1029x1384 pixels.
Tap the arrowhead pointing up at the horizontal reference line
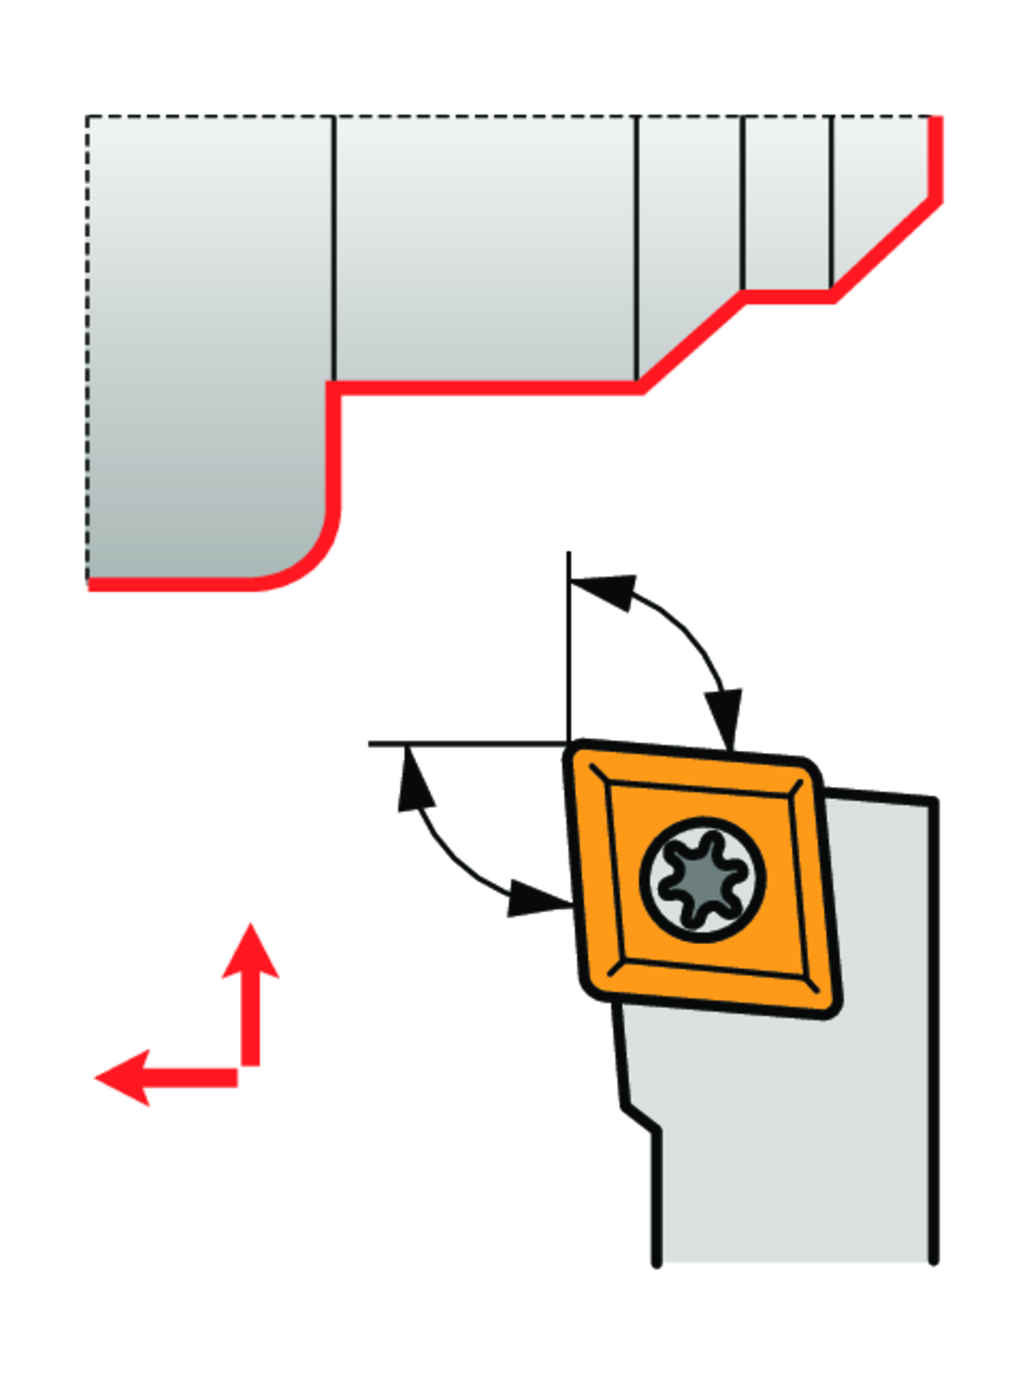pos(414,780)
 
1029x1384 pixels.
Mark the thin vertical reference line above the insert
pos(568,646)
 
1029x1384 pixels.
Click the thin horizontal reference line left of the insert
pos(461,743)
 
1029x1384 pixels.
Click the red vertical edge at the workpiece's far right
pos(936,157)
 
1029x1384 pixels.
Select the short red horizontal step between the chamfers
pos(789,296)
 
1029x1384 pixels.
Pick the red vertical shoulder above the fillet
pos(333,443)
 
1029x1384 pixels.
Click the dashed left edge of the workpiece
pos(87,351)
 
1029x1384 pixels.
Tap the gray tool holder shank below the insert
pos(794,1153)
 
